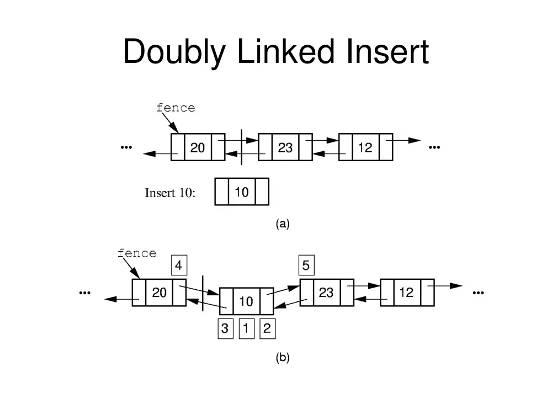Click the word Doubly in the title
pyautogui.click(x=174, y=52)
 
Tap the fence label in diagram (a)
pyautogui.click(x=176, y=108)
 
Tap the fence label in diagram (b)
pyautogui.click(x=136, y=253)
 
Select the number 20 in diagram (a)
pyautogui.click(x=198, y=147)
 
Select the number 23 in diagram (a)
pyautogui.click(x=285, y=147)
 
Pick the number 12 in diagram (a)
pyautogui.click(x=365, y=147)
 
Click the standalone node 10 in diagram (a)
pyautogui.click(x=242, y=192)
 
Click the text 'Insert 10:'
pyautogui.click(x=169, y=193)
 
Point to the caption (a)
pyautogui.click(x=283, y=224)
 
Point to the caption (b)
pyautogui.click(x=283, y=358)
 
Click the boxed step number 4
pyautogui.click(x=179, y=265)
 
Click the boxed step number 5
pyautogui.click(x=306, y=265)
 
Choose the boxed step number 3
pyautogui.click(x=226, y=328)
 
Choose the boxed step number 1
pyautogui.click(x=246, y=328)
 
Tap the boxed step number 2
pyautogui.click(x=268, y=328)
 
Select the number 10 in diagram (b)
pyautogui.click(x=246, y=301)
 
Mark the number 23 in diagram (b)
pyautogui.click(x=326, y=293)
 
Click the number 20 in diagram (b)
pyautogui.click(x=159, y=293)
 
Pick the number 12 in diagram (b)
pyautogui.click(x=406, y=293)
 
